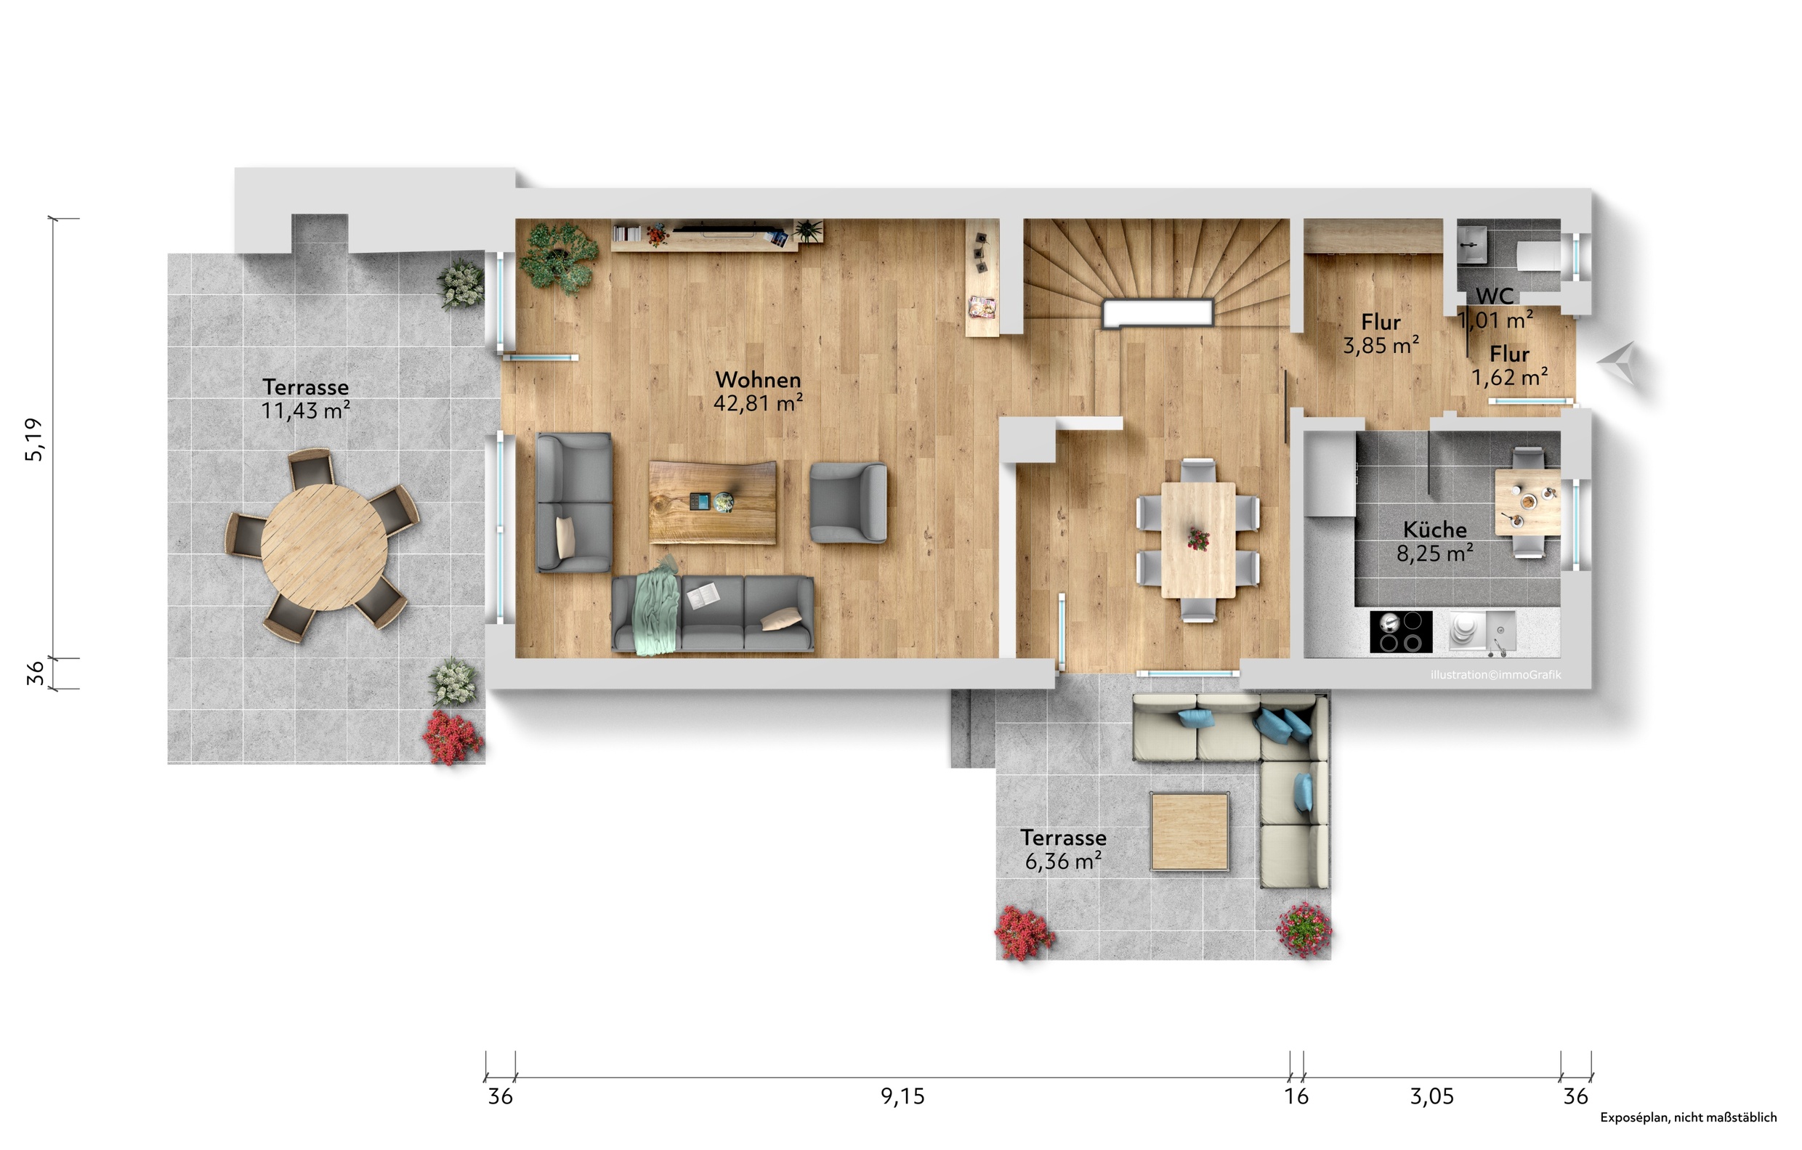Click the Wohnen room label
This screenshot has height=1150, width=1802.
(x=757, y=379)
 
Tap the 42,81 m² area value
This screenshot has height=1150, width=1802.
(x=757, y=403)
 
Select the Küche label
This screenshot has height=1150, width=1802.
(x=1434, y=529)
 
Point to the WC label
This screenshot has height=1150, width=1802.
(x=1495, y=296)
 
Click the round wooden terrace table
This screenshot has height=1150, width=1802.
(x=324, y=546)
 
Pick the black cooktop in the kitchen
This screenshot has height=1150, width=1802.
(x=1401, y=631)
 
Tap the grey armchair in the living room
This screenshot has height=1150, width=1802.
(x=849, y=502)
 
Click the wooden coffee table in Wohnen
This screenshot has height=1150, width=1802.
(x=711, y=501)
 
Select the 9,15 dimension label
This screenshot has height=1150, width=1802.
(x=902, y=1097)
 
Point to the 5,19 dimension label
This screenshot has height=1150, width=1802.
(x=34, y=440)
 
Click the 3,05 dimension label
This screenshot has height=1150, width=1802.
(x=1431, y=1097)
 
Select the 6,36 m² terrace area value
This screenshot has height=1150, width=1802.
(x=1062, y=862)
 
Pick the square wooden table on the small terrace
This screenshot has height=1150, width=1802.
(x=1189, y=831)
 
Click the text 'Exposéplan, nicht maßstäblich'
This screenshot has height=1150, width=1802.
(x=1688, y=1118)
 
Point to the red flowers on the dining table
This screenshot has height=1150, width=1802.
(x=1198, y=538)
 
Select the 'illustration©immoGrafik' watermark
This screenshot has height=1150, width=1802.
(x=1495, y=675)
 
